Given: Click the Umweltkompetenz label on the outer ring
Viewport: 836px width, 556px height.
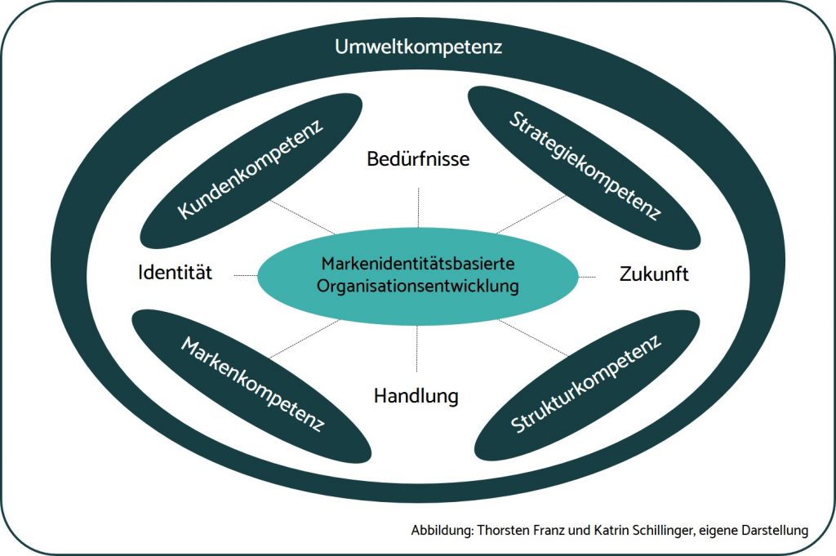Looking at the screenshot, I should pos(418,47).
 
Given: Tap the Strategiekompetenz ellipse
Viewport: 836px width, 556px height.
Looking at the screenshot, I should pos(583,167).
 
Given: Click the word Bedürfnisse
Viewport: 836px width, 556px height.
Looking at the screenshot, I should pos(418,158).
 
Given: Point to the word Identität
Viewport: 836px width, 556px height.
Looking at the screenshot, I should pos(175,273).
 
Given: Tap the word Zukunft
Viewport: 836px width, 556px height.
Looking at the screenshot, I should pos(653,274).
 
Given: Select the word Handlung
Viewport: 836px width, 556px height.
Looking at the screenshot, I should pos(416,397).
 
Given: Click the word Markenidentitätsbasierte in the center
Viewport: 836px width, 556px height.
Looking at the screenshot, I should pos(418,265).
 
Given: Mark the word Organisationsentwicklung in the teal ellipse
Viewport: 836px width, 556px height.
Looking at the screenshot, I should pos(418,287).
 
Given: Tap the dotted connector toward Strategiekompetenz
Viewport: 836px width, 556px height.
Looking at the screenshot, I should pos(531,214).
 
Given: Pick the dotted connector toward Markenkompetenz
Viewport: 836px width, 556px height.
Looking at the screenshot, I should pos(302,339).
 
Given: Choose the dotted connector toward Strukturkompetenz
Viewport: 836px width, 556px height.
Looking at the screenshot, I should pos(532,337).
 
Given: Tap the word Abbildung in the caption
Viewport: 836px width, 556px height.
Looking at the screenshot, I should pos(438,531).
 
